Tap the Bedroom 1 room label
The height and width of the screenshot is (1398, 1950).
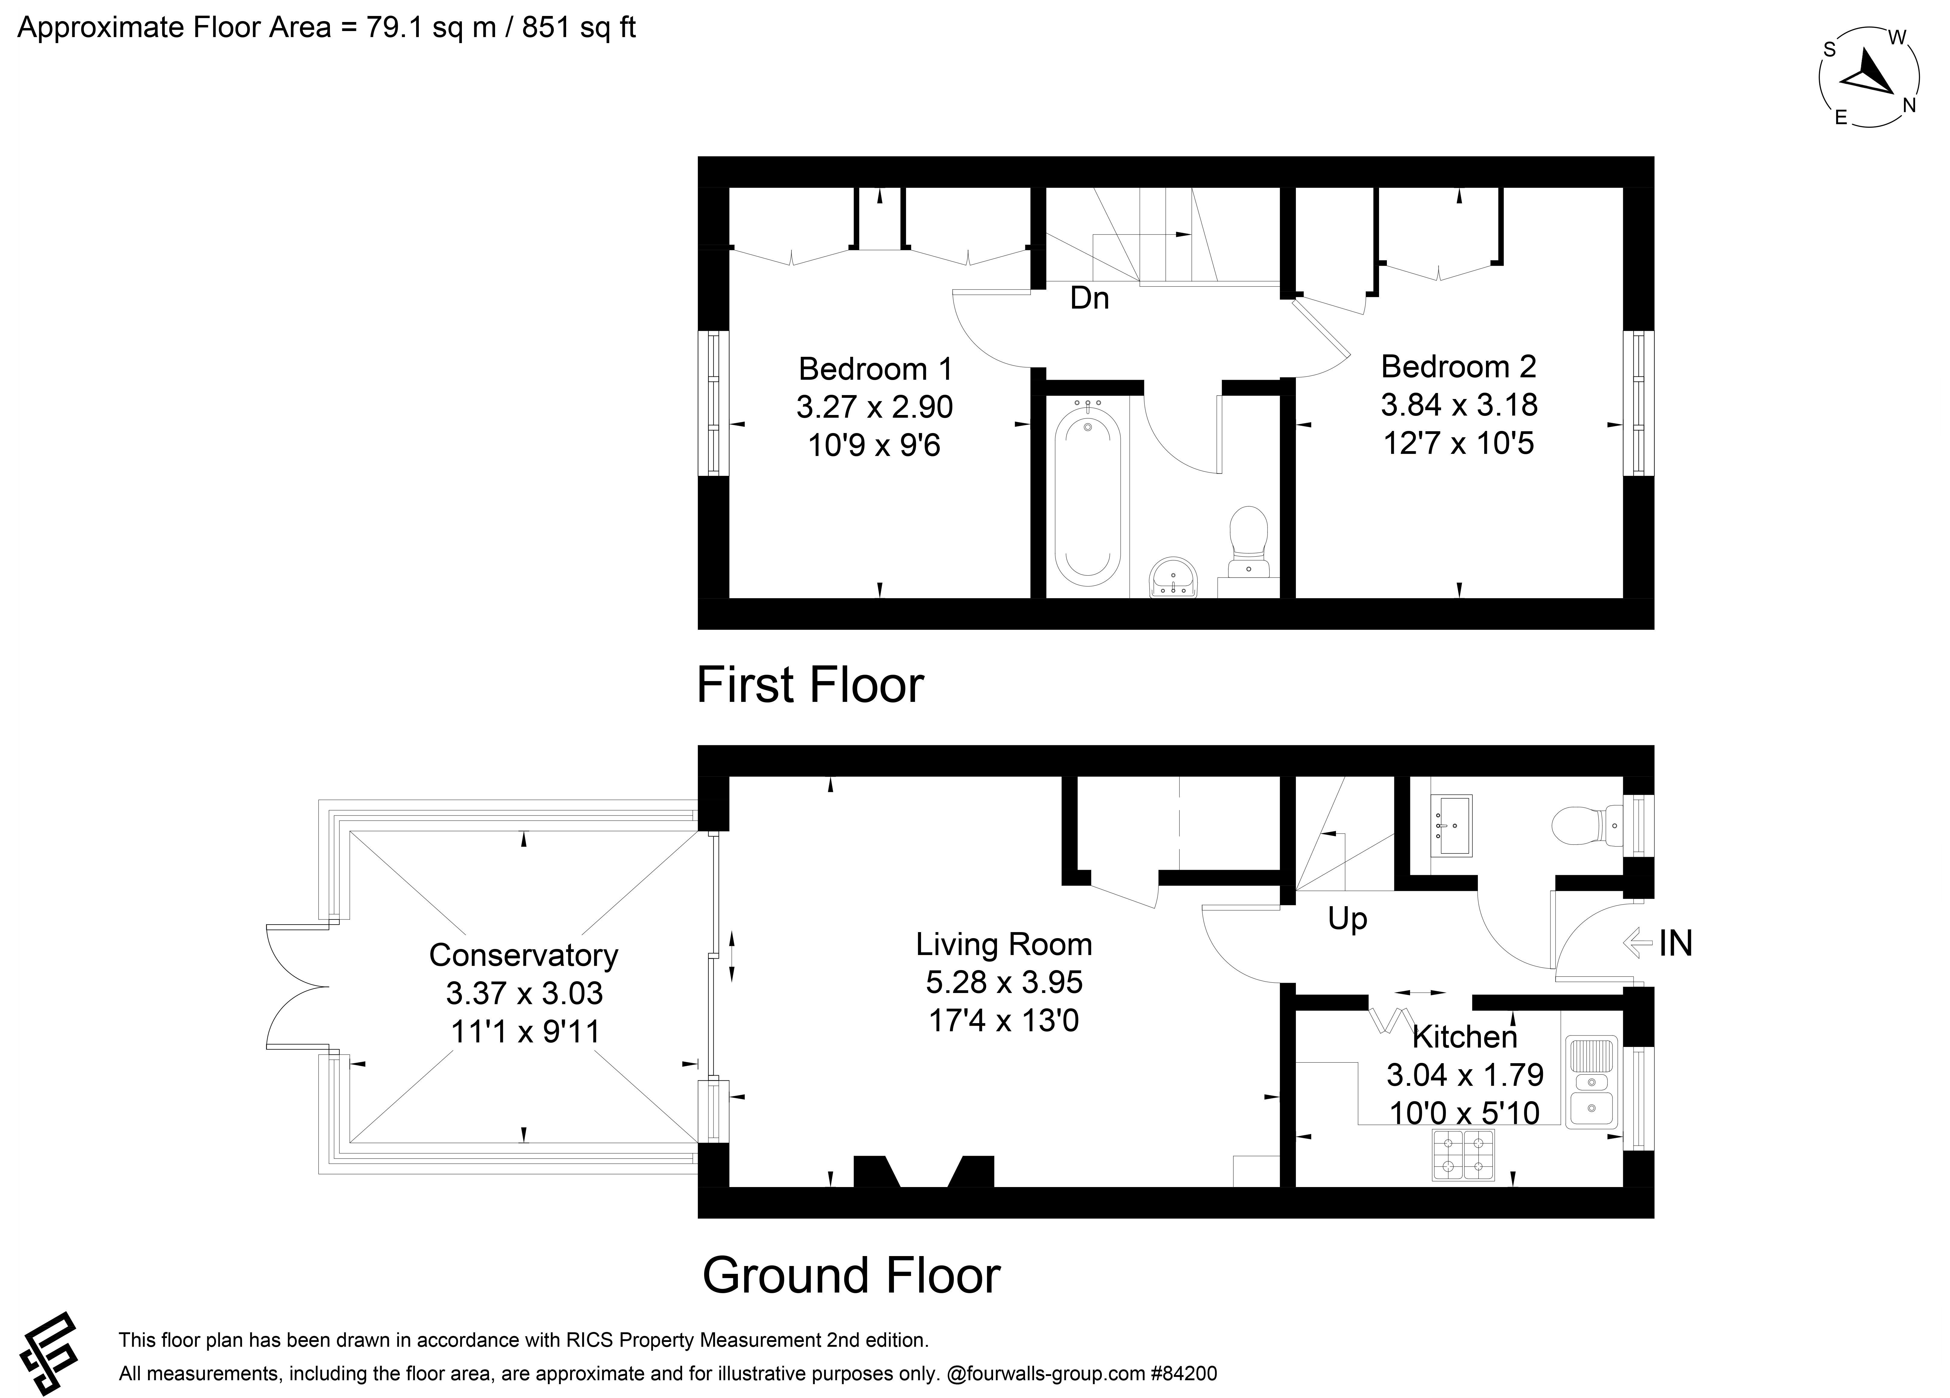click(x=875, y=369)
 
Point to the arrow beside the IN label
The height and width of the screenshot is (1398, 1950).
click(x=1638, y=943)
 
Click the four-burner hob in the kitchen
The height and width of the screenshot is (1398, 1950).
click(x=1463, y=1155)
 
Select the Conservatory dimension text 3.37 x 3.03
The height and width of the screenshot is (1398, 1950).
click(x=525, y=993)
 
